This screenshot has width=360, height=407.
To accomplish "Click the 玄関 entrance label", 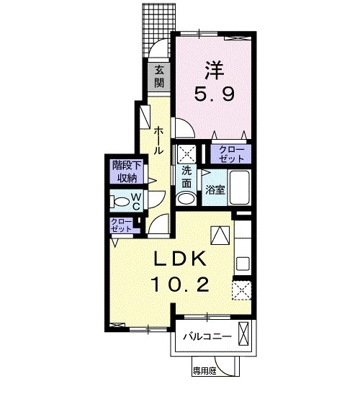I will (158, 76).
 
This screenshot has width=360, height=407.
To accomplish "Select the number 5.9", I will (214, 94).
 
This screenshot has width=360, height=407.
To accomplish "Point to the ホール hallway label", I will (158, 140).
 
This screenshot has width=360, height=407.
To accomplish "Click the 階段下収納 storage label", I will (123, 171).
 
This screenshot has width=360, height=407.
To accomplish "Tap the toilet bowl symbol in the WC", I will (122, 201).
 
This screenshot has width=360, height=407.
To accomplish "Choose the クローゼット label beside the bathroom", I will (230, 153).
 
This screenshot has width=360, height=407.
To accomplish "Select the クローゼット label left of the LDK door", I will (122, 224).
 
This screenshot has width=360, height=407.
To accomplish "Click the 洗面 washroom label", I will (186, 176).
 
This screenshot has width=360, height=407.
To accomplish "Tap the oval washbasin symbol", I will (186, 198).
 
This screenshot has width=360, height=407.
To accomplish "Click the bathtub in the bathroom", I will (238, 189).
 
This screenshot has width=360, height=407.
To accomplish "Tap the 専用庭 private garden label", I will (204, 372).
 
